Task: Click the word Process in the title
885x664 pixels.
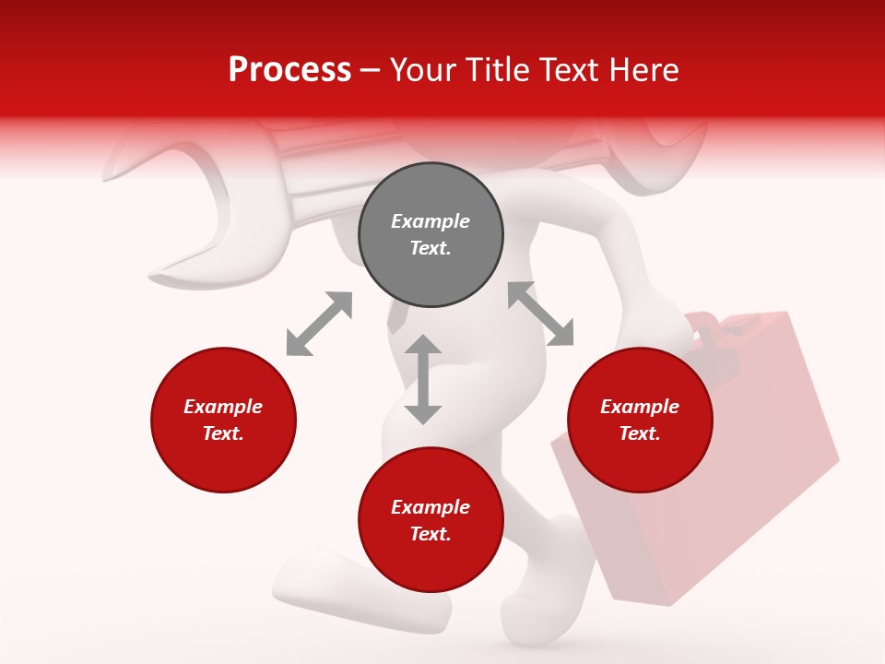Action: [x=289, y=70]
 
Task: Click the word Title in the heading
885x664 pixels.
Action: [x=500, y=70]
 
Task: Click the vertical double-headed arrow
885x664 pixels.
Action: [x=423, y=380]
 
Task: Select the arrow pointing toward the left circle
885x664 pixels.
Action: [x=319, y=324]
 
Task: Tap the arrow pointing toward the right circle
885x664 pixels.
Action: [x=541, y=314]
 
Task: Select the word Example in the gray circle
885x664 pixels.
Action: [x=431, y=221]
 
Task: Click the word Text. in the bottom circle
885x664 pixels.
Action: [x=431, y=534]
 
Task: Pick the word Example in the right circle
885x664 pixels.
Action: [x=640, y=407]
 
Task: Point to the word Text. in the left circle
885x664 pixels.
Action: [x=223, y=433]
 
